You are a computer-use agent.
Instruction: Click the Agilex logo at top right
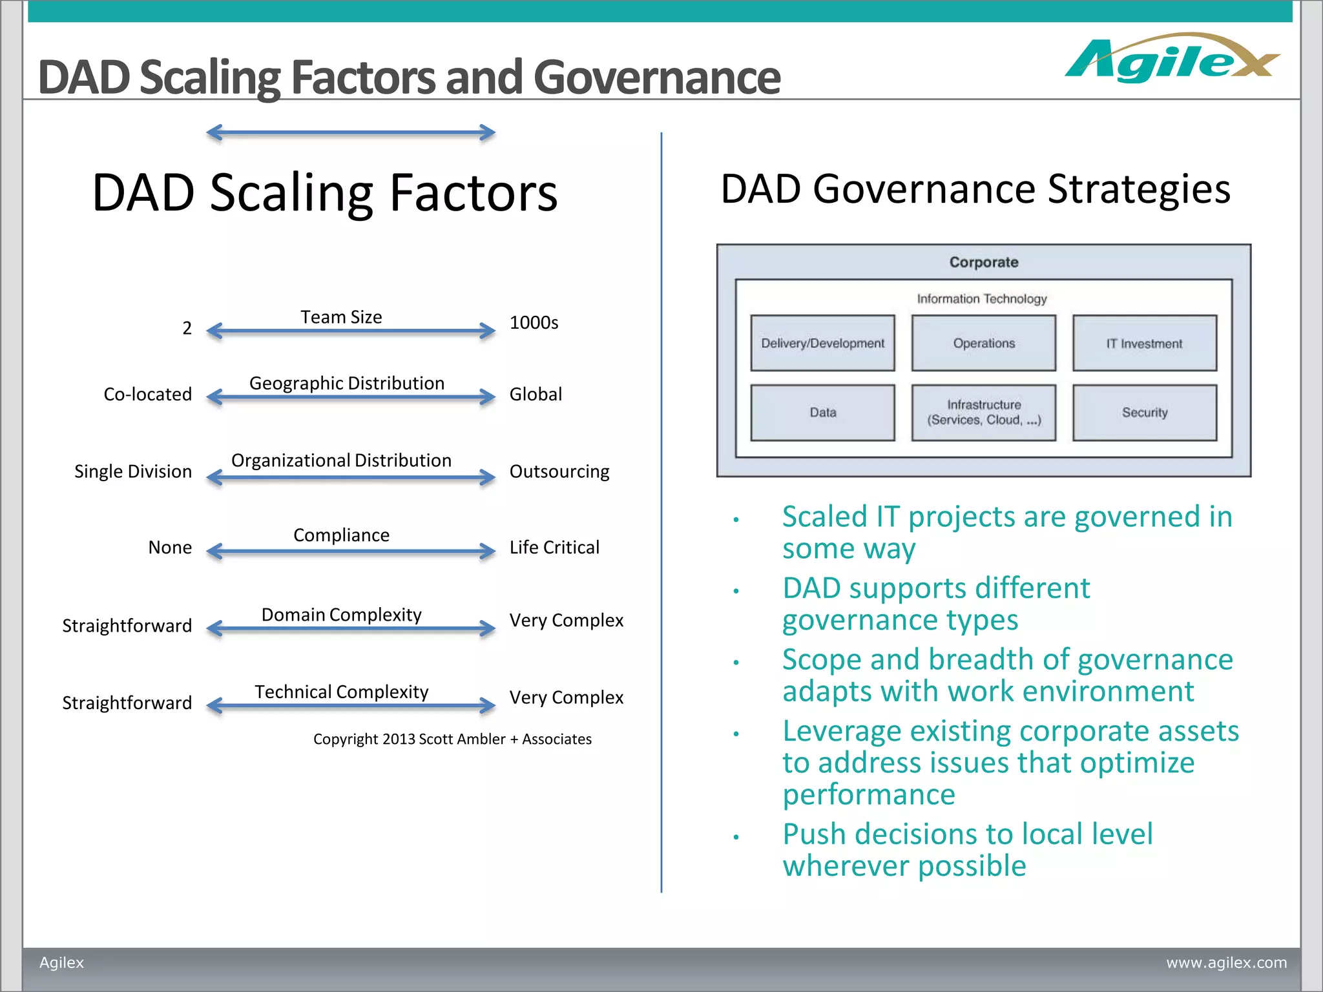click(1171, 59)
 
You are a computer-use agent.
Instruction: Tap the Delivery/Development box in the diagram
click(822, 343)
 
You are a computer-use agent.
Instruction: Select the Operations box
click(983, 343)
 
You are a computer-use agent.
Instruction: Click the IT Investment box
click(1144, 343)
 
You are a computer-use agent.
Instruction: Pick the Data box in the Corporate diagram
click(822, 413)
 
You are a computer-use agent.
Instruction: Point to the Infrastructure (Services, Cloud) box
click(983, 413)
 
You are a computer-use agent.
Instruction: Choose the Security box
click(1144, 413)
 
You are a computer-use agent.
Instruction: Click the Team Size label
click(341, 317)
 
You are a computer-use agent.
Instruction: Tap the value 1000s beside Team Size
click(534, 322)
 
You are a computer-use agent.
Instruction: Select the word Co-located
click(147, 394)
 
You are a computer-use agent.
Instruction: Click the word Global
click(536, 394)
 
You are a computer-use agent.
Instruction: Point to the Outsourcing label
click(559, 471)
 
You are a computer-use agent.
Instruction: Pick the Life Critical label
click(554, 548)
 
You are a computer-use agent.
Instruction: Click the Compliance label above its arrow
click(341, 535)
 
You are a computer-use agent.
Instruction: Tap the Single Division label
click(132, 471)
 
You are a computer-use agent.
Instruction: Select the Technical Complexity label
click(341, 692)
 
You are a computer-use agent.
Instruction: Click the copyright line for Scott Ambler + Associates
click(452, 739)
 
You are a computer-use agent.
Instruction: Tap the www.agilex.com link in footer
click(1226, 962)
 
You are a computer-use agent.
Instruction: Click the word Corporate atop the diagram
click(983, 262)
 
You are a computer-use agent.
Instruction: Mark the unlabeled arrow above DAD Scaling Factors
click(351, 133)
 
